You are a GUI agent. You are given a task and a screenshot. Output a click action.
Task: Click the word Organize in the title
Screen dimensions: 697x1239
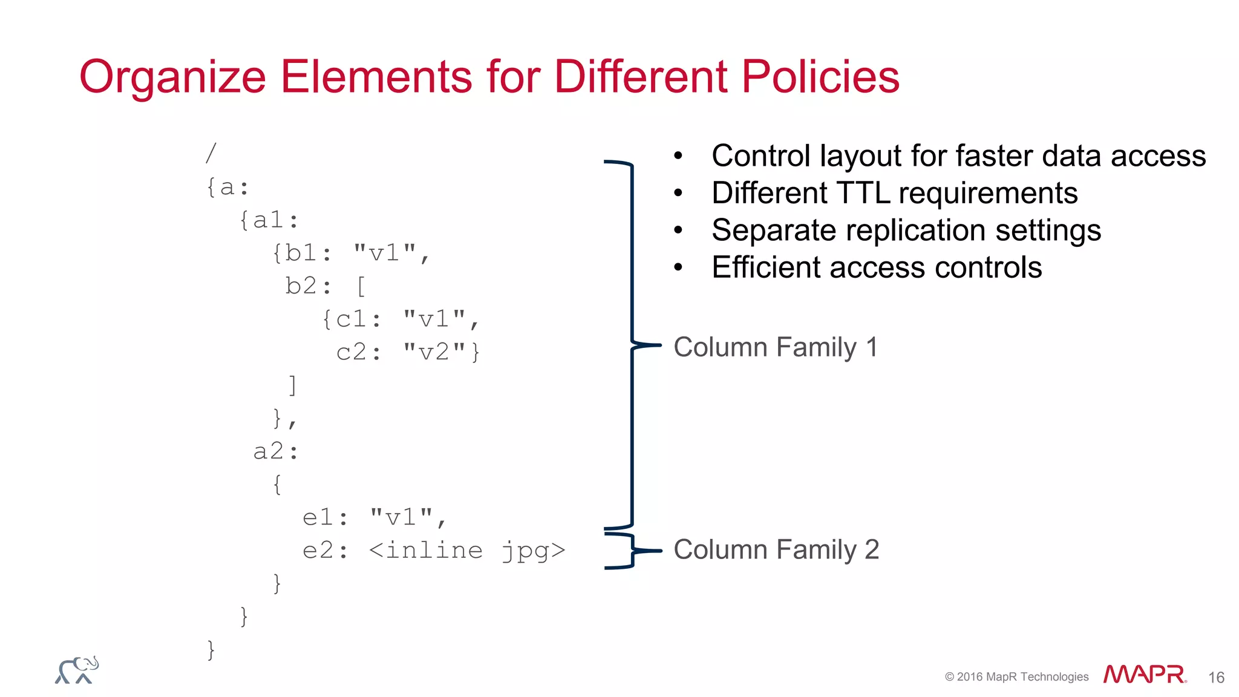172,77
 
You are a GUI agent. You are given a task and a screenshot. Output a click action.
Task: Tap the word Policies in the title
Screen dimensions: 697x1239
820,77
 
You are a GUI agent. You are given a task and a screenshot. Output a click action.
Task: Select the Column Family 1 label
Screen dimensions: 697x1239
775,347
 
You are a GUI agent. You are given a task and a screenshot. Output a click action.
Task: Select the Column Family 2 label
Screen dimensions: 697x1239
776,550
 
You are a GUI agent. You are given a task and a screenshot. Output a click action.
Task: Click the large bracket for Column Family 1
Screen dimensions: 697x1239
632,345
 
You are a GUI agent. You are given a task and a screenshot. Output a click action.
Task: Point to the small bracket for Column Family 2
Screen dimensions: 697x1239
632,551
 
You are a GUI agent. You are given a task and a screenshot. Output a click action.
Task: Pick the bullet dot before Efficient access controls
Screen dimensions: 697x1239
678,267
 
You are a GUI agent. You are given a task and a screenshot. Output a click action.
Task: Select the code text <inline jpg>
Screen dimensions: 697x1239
466,551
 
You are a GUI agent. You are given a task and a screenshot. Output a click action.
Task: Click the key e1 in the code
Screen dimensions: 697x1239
318,518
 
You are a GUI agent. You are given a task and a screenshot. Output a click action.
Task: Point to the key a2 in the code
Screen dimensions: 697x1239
269,451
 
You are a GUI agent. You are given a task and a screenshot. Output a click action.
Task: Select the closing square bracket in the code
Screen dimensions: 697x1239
293,385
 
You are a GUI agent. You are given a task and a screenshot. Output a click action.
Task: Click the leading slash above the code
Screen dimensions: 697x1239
211,153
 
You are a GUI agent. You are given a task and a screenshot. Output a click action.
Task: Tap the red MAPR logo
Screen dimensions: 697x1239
1143,675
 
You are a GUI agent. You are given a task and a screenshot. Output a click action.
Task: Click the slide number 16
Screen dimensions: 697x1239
1216,678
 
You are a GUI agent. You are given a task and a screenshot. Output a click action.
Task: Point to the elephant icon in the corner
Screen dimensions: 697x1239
77,670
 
